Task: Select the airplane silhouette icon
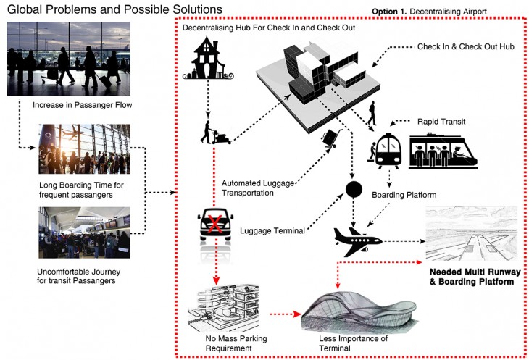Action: [351, 238]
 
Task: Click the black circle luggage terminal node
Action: [353, 191]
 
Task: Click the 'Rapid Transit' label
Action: [441, 120]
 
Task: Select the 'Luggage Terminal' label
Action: [272, 232]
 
